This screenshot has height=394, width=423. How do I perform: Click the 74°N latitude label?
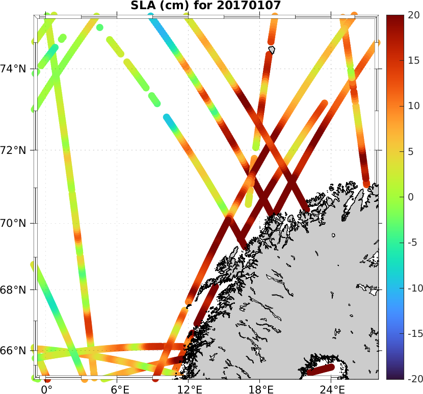coord(16,69)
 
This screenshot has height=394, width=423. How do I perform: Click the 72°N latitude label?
coord(16,150)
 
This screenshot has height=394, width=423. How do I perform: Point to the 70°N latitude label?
coord(16,223)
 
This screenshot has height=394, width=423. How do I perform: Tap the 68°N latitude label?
coord(16,290)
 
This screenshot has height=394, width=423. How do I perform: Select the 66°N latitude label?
coord(16,351)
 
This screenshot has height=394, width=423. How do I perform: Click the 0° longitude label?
coord(46,388)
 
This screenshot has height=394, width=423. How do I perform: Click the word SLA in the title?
coord(142,6)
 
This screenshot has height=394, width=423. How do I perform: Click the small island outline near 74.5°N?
coord(272,49)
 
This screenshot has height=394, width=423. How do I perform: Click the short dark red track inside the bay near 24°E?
coord(321,370)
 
